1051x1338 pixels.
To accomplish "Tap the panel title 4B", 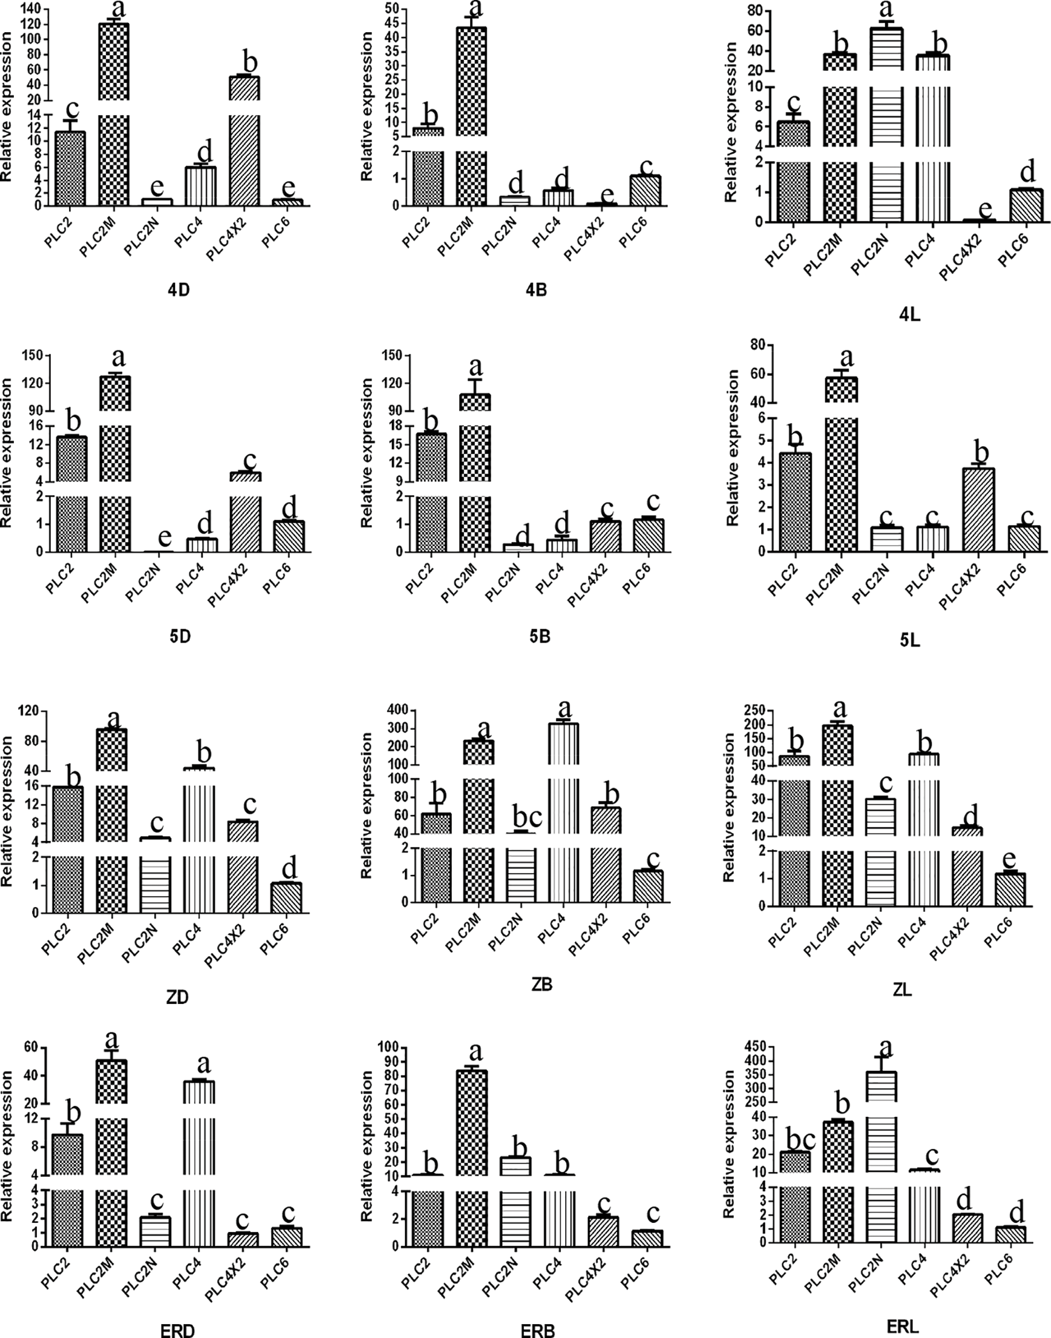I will [537, 289].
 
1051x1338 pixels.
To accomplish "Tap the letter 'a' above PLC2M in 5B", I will [475, 367].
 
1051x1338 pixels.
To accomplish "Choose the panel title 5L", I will [909, 641].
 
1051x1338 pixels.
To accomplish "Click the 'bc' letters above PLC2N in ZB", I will [521, 818].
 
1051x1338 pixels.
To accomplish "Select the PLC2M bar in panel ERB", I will [472, 1187].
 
